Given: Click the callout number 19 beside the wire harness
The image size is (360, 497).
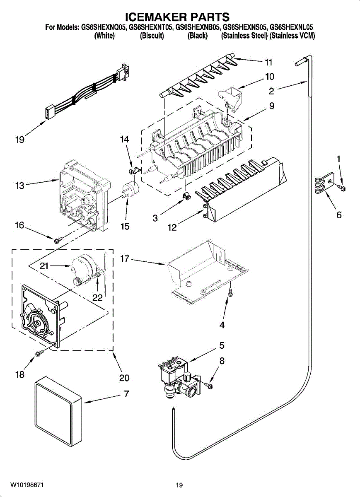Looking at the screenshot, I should pyautogui.click(x=19, y=140).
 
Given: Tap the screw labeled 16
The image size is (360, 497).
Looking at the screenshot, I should pyautogui.click(x=58, y=239).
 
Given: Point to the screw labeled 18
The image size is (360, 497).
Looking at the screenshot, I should pyautogui.click(x=40, y=352).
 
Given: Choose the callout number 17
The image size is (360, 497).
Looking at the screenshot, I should pyautogui.click(x=125, y=259).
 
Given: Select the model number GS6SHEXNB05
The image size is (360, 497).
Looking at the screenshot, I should pyautogui.click(x=198, y=28).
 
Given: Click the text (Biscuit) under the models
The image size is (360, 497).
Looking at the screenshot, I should pyautogui.click(x=152, y=36).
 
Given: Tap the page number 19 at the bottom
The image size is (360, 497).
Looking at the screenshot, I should pyautogui.click(x=179, y=485).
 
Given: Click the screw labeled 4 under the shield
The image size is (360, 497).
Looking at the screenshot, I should pyautogui.click(x=231, y=294).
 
